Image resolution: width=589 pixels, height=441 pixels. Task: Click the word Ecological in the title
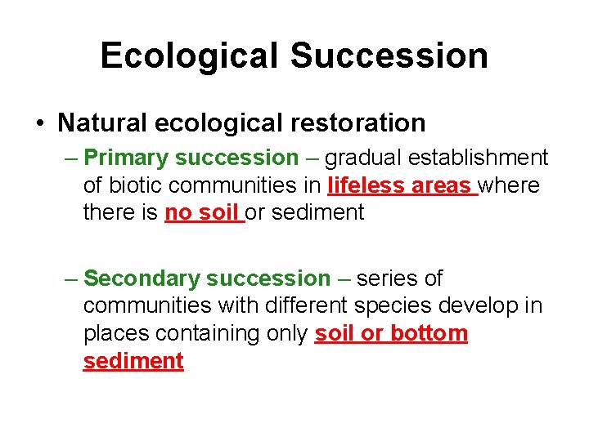190,56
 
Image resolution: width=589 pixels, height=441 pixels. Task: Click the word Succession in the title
389,56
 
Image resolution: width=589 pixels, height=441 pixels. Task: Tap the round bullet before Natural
40,124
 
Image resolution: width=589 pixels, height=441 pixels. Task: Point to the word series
389,278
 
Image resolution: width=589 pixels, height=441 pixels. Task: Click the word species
393,306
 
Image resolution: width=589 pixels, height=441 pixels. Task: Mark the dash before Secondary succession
71,278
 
